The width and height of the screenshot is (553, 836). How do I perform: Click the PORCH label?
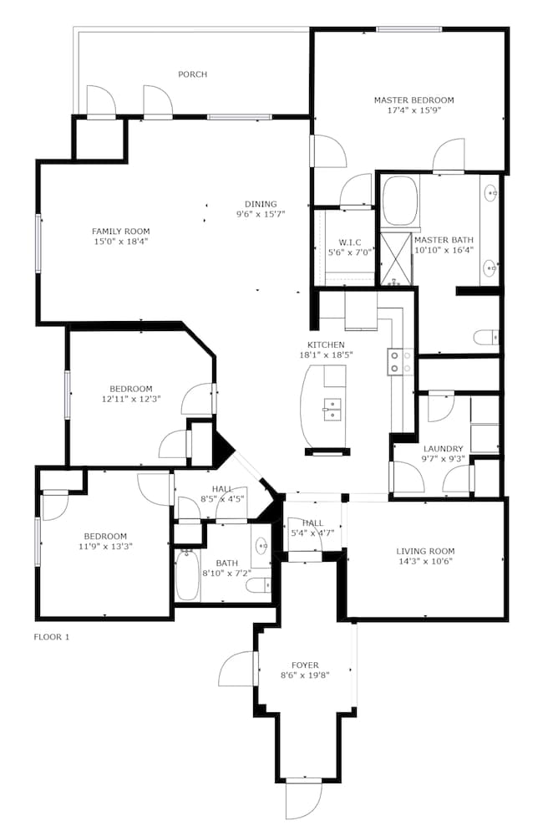pos(192,74)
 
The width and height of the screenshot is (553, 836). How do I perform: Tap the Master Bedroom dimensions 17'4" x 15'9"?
pos(414,110)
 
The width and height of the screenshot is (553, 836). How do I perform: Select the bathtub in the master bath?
pos(400,201)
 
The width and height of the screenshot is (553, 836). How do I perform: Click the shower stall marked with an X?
pos(396,258)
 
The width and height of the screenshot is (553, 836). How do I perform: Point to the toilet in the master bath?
pos(485,338)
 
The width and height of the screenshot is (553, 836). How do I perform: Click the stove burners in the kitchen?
pos(401,361)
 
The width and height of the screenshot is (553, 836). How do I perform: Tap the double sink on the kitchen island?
pos(332,410)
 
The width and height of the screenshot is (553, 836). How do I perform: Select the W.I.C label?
pos(350,242)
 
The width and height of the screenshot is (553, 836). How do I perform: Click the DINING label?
pos(261,204)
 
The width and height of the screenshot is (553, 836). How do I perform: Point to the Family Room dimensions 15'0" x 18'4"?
pos(121,241)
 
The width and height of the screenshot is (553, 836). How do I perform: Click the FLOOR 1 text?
pos(52,636)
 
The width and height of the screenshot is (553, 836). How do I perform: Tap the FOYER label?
pos(305,665)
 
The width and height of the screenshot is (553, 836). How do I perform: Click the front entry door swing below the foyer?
pos(304,802)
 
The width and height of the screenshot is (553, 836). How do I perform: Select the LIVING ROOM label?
pos(426,551)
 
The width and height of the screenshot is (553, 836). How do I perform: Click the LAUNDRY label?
pos(444,449)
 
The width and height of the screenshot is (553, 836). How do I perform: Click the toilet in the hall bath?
pos(259,585)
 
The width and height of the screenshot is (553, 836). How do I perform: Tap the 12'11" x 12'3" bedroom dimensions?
pos(131,398)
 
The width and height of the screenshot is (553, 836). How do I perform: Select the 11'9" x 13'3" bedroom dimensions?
pos(105,546)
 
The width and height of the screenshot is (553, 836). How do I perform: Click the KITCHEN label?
pos(326,344)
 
